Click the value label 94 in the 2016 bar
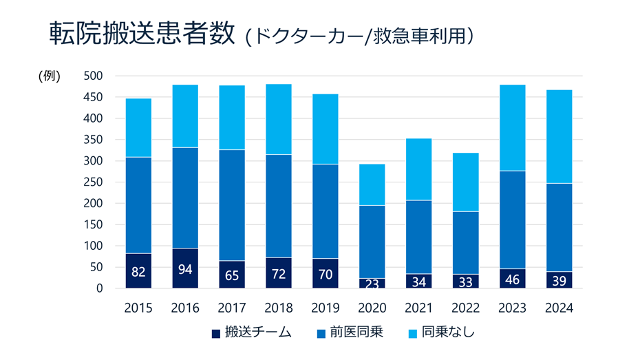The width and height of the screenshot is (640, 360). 184,268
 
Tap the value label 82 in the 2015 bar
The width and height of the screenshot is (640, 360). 138,272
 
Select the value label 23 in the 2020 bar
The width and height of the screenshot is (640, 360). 372,283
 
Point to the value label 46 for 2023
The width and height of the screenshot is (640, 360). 512,279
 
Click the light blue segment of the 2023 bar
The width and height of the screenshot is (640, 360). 512,127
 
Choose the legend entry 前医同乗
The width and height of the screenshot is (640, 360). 352,333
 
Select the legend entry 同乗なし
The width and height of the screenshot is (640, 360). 444,333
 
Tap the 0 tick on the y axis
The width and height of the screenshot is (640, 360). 99,288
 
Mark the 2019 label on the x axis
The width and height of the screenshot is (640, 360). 325,308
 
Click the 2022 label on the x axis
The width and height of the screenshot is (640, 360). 465,308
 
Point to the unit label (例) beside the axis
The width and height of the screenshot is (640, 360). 49,76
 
